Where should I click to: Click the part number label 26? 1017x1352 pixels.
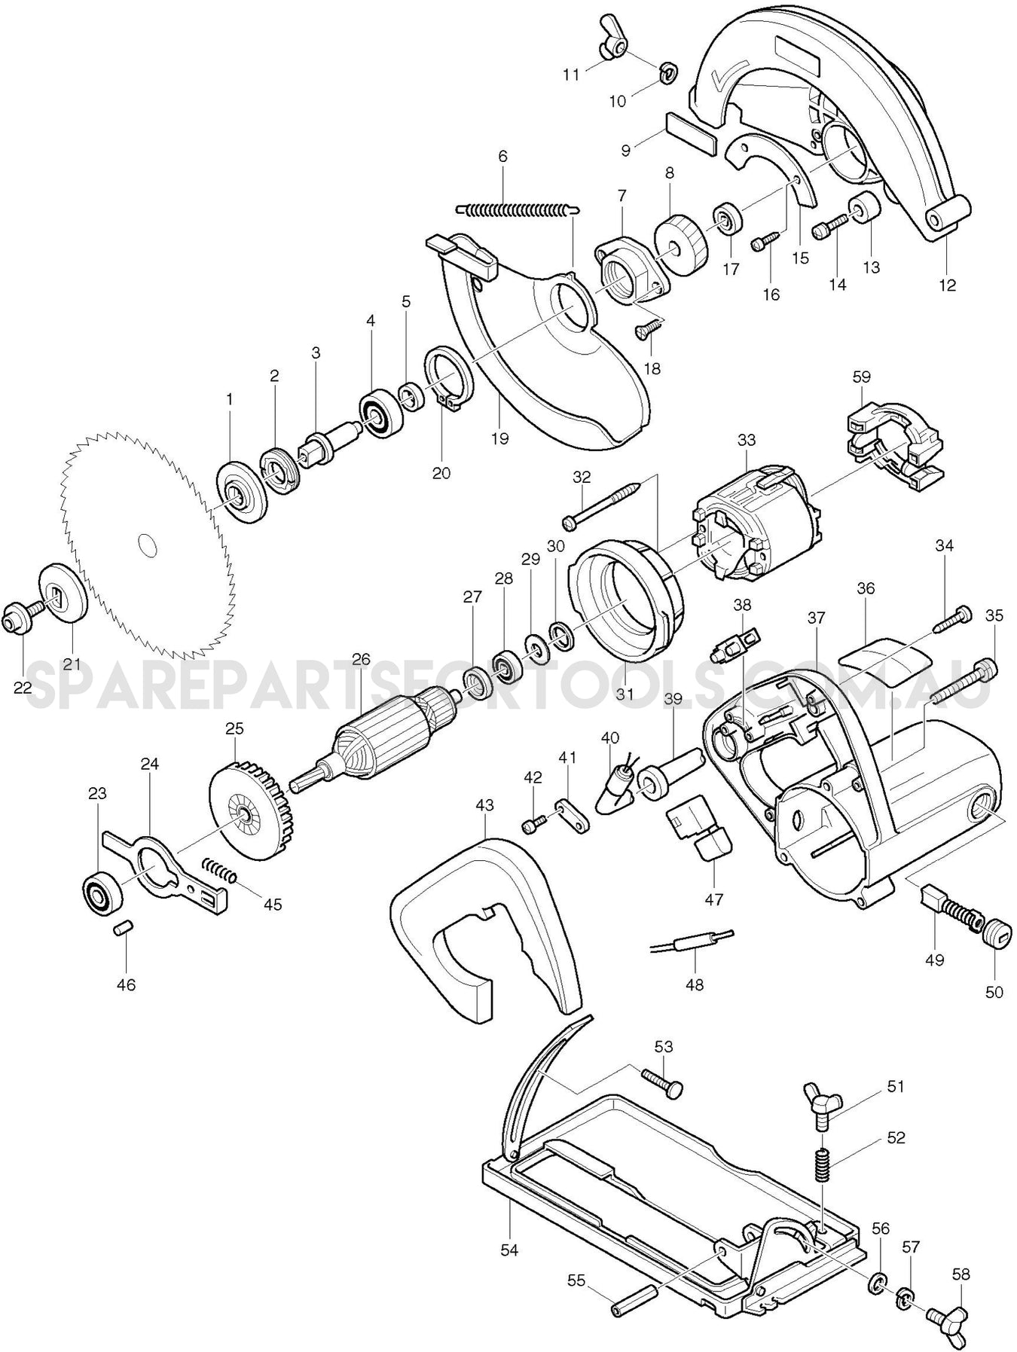click(x=361, y=659)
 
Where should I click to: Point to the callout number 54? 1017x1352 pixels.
click(x=510, y=1250)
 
